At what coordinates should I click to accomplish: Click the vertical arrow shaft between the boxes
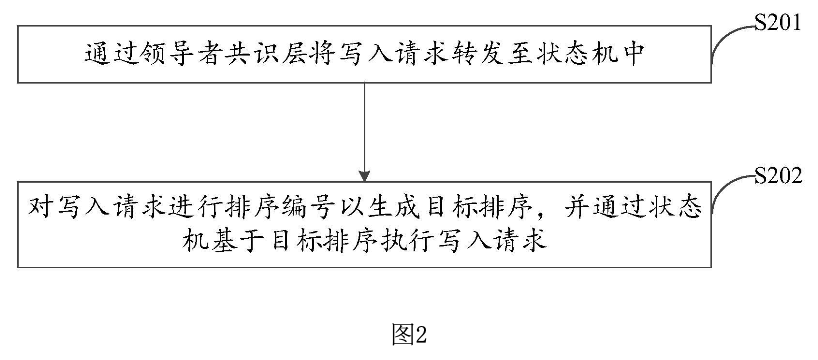tap(369, 125)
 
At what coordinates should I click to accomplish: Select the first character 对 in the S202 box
tap(40, 211)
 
